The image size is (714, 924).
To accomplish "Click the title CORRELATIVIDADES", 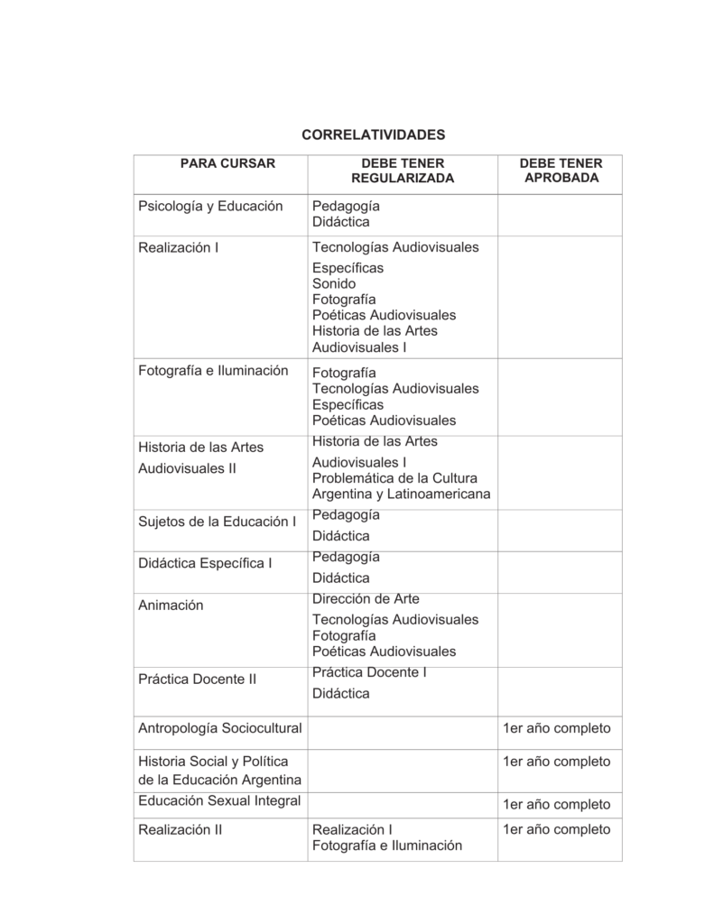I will pyautogui.click(x=373, y=134).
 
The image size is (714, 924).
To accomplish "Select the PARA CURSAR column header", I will pyautogui.click(x=227, y=163).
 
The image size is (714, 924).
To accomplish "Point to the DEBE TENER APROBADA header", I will pyautogui.click(x=561, y=171).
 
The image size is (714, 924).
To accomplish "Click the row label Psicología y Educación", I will pyautogui.click(x=210, y=206).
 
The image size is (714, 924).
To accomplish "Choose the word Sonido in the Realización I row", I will pyautogui.click(x=334, y=283).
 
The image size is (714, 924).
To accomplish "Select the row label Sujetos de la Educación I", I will pyautogui.click(x=217, y=522).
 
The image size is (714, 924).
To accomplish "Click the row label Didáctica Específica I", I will pyautogui.click(x=205, y=563).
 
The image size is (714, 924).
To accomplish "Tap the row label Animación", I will pyautogui.click(x=171, y=605).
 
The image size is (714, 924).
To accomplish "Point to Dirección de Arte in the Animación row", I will pyautogui.click(x=366, y=598).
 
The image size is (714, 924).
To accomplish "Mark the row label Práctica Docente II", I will pyautogui.click(x=198, y=679).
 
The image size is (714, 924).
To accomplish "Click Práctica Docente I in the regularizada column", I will pyautogui.click(x=369, y=672).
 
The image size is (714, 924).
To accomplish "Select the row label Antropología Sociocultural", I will pyautogui.click(x=219, y=727).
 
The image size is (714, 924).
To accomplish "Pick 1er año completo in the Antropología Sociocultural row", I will pyautogui.click(x=556, y=727).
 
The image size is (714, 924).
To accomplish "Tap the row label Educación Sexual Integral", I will pyautogui.click(x=219, y=800).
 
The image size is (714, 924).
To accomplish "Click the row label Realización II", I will pyautogui.click(x=180, y=829).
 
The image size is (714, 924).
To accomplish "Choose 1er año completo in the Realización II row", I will pyautogui.click(x=556, y=829).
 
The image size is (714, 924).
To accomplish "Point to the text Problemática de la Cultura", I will pyautogui.click(x=394, y=477).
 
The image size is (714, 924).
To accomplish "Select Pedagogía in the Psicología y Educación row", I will pyautogui.click(x=346, y=206).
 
